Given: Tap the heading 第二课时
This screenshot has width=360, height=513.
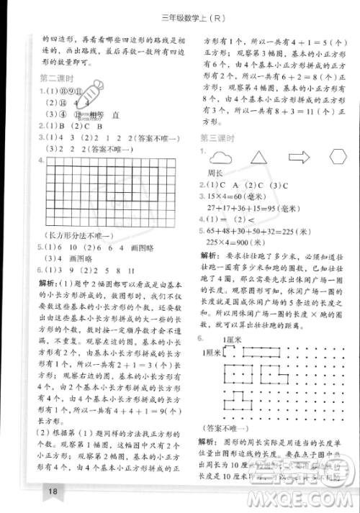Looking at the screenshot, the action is click(x=57, y=78).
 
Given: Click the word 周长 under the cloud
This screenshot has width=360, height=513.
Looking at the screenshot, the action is click(x=215, y=173).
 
